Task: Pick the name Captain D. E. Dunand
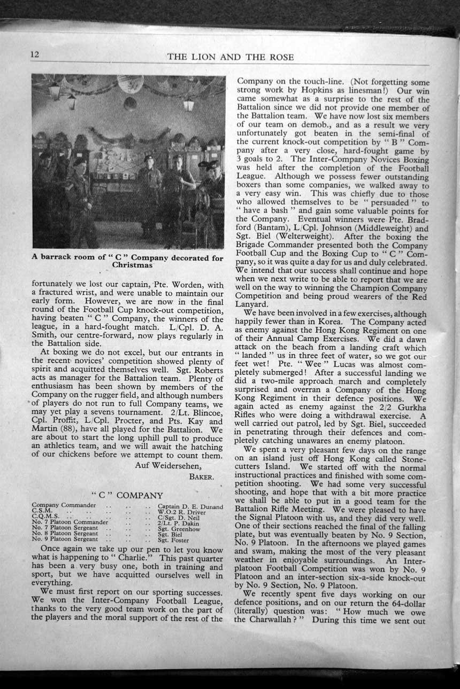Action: [190, 505]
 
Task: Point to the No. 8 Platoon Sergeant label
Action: [64, 534]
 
